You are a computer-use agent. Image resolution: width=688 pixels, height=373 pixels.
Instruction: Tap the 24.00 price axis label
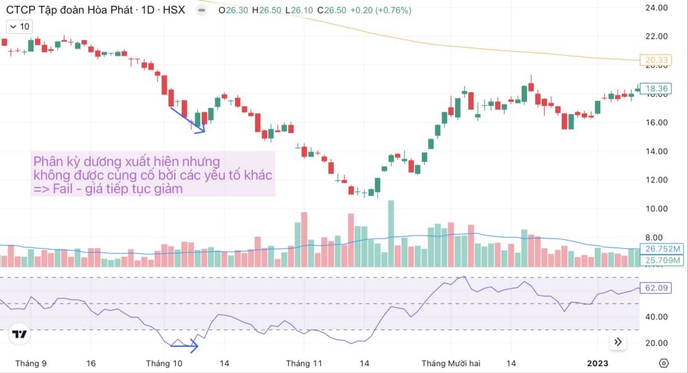click(x=656, y=8)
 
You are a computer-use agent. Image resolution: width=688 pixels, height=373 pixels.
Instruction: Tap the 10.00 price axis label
click(x=656, y=209)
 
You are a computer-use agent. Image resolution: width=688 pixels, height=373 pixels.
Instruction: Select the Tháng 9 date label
click(x=31, y=363)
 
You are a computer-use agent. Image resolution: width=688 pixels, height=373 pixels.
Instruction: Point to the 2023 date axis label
click(x=598, y=363)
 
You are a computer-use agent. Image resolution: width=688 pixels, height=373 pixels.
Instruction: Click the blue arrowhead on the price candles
click(x=201, y=131)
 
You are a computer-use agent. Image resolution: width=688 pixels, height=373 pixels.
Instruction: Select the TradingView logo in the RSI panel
click(x=20, y=335)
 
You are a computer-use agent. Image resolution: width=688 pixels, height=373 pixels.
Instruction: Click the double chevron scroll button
click(x=618, y=342)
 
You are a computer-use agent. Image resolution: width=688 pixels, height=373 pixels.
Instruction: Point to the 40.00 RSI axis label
click(x=656, y=316)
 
